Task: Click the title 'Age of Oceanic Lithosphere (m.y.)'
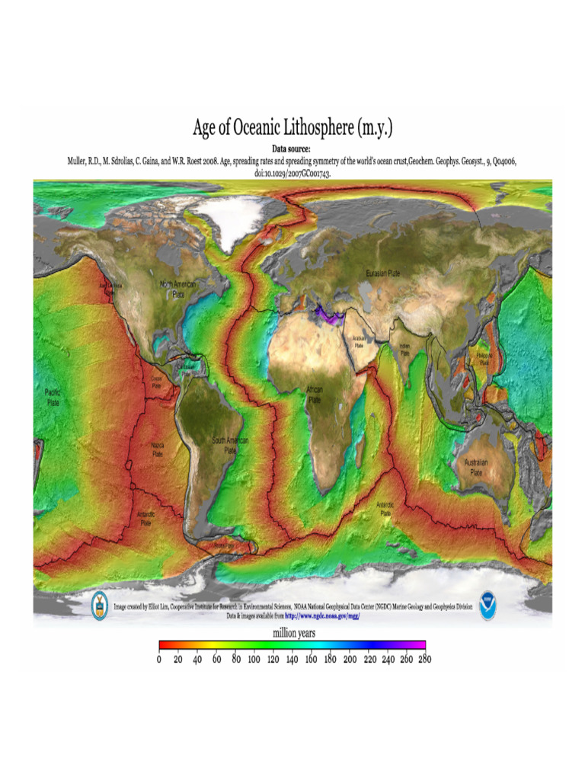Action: point(292,127)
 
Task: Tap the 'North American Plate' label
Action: point(177,289)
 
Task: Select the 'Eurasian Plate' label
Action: point(383,273)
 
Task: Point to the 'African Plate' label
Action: point(315,394)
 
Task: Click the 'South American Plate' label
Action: point(229,445)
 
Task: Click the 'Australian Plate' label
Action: point(475,467)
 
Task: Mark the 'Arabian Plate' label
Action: point(358,340)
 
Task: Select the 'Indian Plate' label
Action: point(404,350)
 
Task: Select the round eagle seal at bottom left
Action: point(100,606)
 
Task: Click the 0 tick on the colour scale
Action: point(159,660)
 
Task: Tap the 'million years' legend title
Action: point(294,632)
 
